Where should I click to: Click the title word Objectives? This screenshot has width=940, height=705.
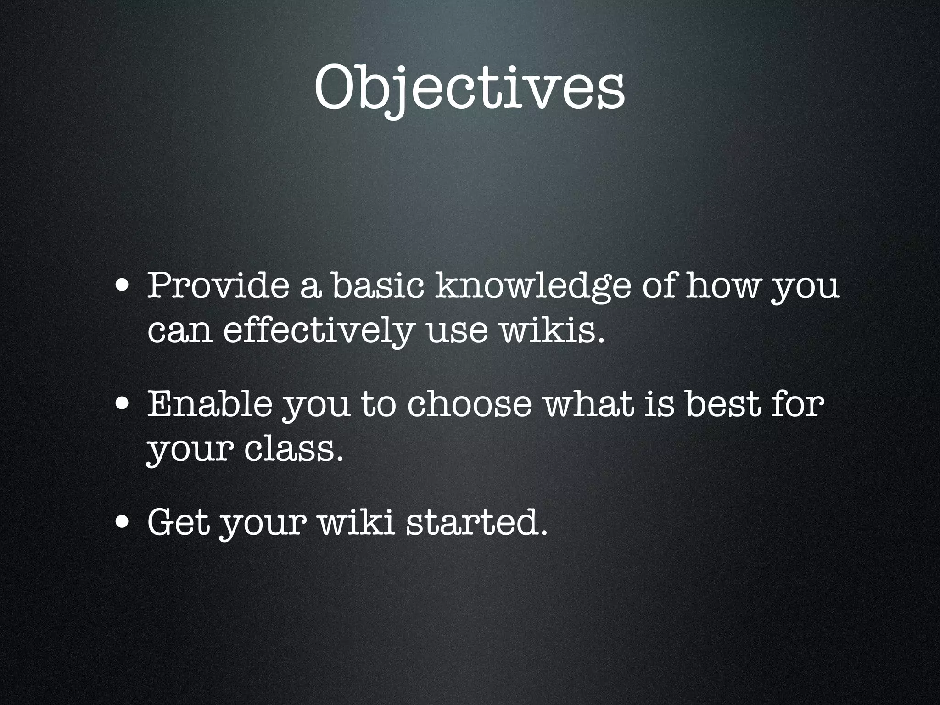469,87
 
